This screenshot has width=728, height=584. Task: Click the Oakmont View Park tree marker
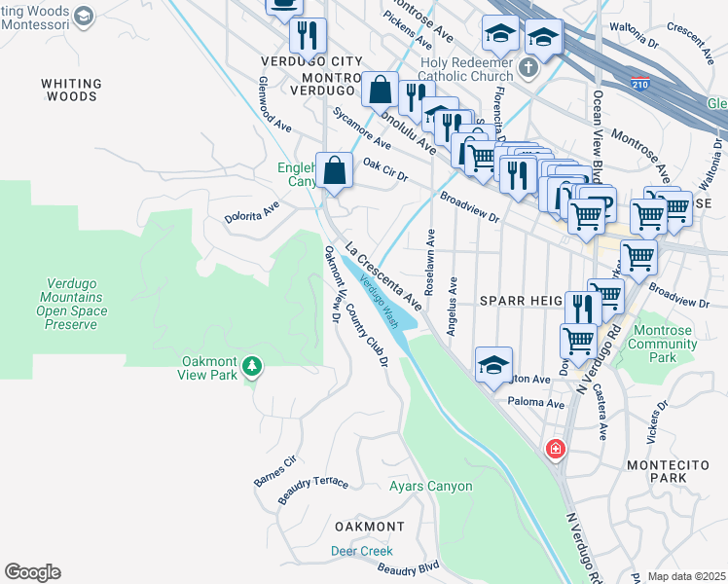pos(253,366)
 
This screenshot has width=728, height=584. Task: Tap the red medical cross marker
pos(555,449)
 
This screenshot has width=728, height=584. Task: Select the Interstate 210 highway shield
pos(639,85)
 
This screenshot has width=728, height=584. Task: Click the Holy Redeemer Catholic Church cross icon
pos(528,67)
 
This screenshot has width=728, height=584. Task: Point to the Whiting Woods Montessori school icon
pos(84,16)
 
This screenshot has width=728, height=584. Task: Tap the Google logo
pos(32,572)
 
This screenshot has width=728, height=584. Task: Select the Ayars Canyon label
pos(430,486)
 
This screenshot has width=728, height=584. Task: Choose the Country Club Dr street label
pos(367,334)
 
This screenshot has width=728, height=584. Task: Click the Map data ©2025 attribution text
pos(686,576)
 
